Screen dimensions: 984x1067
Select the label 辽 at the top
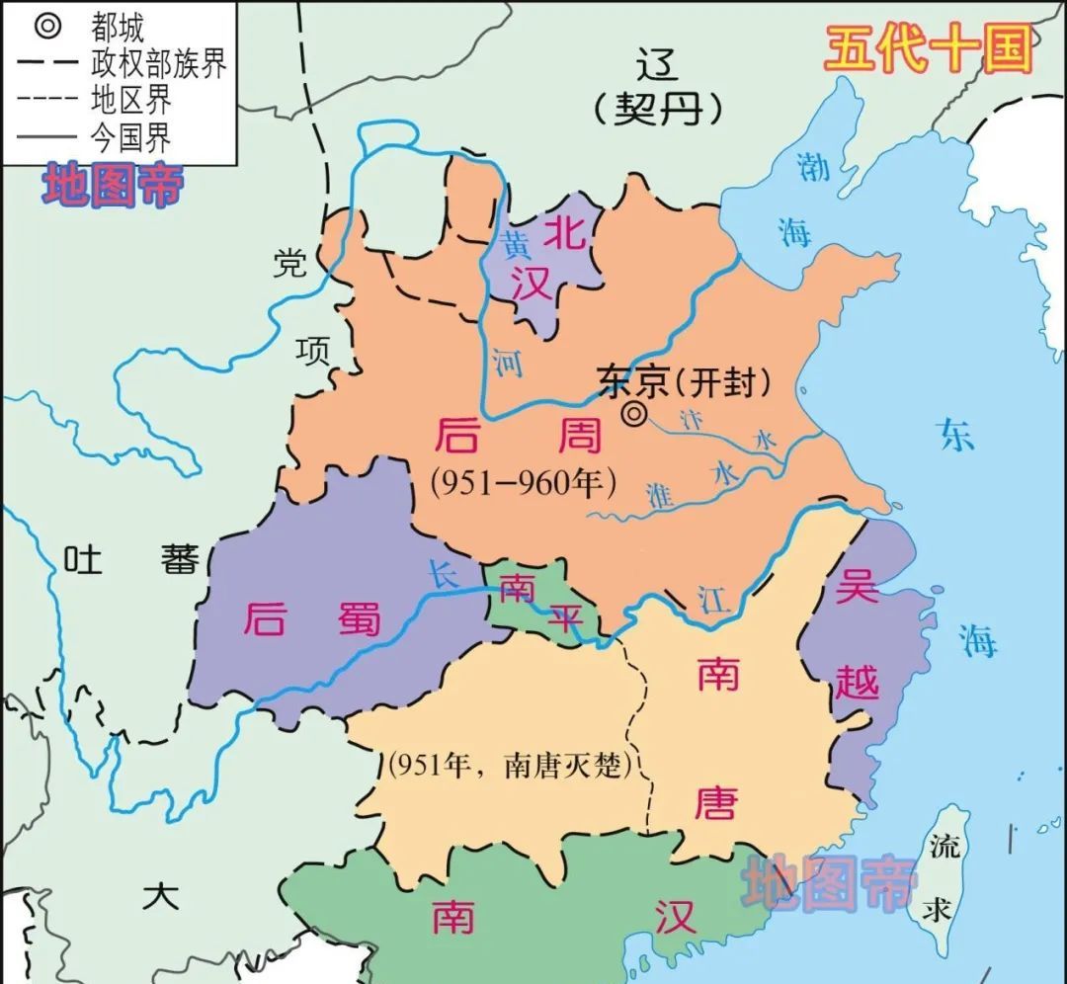click(658, 65)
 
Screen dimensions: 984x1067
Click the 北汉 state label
click(546, 254)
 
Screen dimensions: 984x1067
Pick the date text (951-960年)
click(524, 482)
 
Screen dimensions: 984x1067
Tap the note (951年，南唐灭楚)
click(510, 764)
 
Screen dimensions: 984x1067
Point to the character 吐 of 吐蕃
click(84, 560)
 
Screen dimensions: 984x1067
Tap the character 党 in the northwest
click(290, 263)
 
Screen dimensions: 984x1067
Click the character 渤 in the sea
click(812, 168)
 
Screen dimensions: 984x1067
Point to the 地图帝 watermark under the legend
click(112, 185)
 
